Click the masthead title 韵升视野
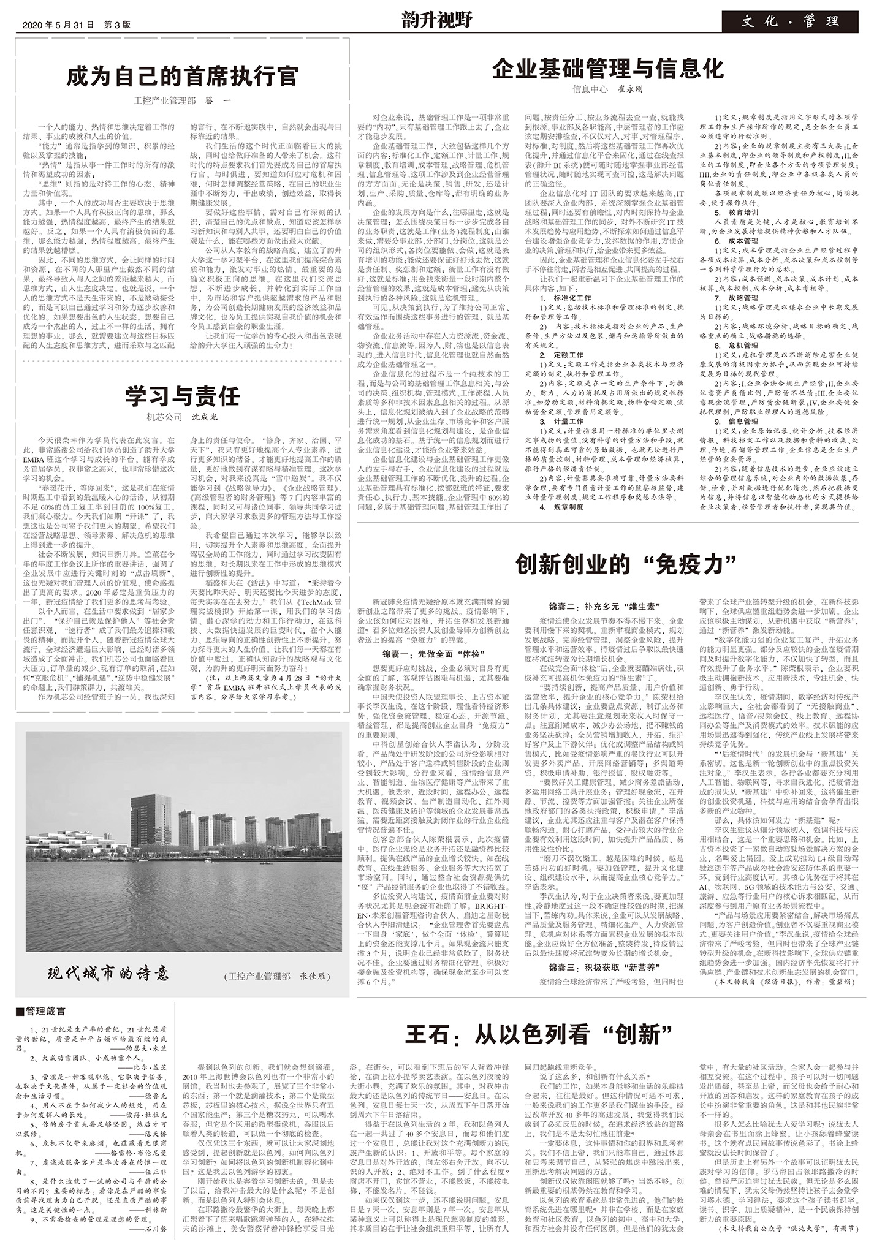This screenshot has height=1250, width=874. (x=437, y=21)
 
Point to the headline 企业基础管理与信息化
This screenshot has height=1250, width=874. (x=607, y=69)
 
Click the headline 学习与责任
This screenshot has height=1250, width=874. (x=182, y=396)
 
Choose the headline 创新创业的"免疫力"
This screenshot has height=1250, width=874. (x=626, y=563)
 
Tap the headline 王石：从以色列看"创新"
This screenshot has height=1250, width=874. (x=539, y=1034)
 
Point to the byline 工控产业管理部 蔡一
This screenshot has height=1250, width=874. (x=182, y=100)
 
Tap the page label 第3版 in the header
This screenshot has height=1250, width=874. (x=118, y=25)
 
